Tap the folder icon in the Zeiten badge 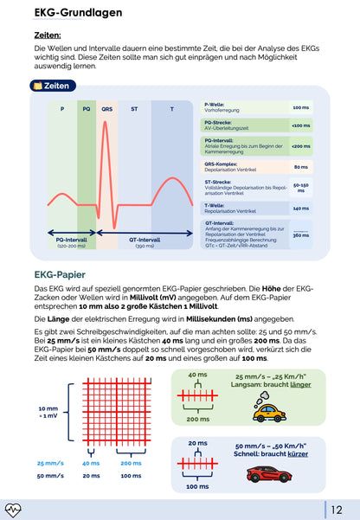(x=36, y=86)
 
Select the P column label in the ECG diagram (x=62, y=109)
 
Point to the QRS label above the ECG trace (x=106, y=109)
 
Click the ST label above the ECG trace (x=134, y=109)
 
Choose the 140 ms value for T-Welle (x=300, y=208)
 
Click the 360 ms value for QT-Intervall (x=300, y=235)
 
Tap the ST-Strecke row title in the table (x=221, y=181)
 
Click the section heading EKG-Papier (x=60, y=275)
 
